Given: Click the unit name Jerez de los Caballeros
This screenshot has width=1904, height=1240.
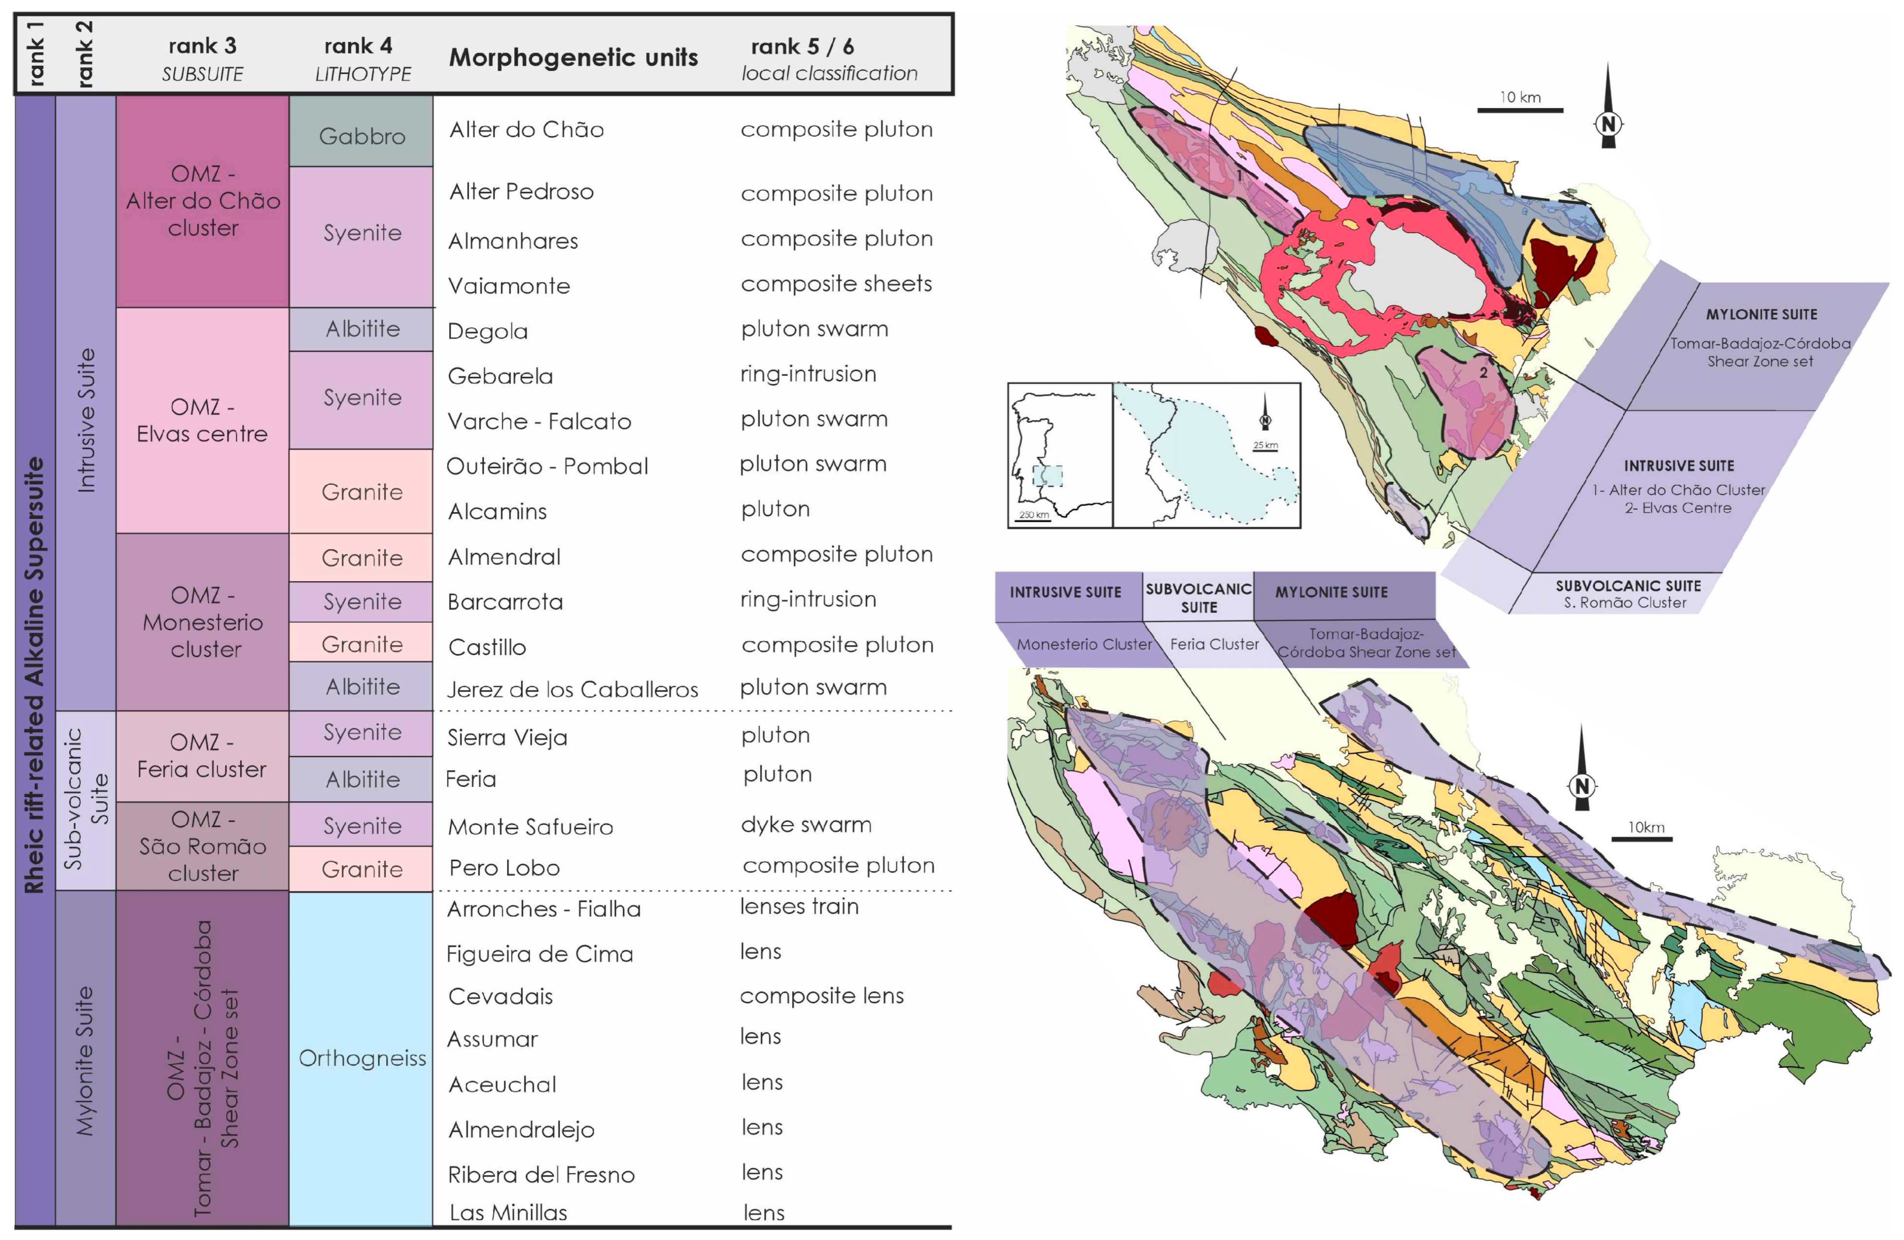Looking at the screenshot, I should tap(572, 689).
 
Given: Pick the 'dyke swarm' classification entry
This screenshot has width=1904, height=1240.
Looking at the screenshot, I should tap(806, 825).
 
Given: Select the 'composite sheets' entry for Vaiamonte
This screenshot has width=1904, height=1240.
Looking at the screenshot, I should tap(836, 284).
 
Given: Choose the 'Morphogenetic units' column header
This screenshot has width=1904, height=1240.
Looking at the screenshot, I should tap(573, 58).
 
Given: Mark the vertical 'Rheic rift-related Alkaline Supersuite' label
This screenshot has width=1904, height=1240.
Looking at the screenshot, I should tap(34, 672).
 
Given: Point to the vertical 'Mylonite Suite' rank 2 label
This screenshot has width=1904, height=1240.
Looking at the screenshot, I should tap(85, 1060).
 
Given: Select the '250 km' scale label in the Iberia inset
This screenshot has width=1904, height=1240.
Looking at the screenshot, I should tap(1034, 515).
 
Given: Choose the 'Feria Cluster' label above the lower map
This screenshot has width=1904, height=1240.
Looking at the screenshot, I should tap(1214, 644).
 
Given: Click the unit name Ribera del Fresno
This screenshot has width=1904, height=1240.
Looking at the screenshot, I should tap(541, 1174).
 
